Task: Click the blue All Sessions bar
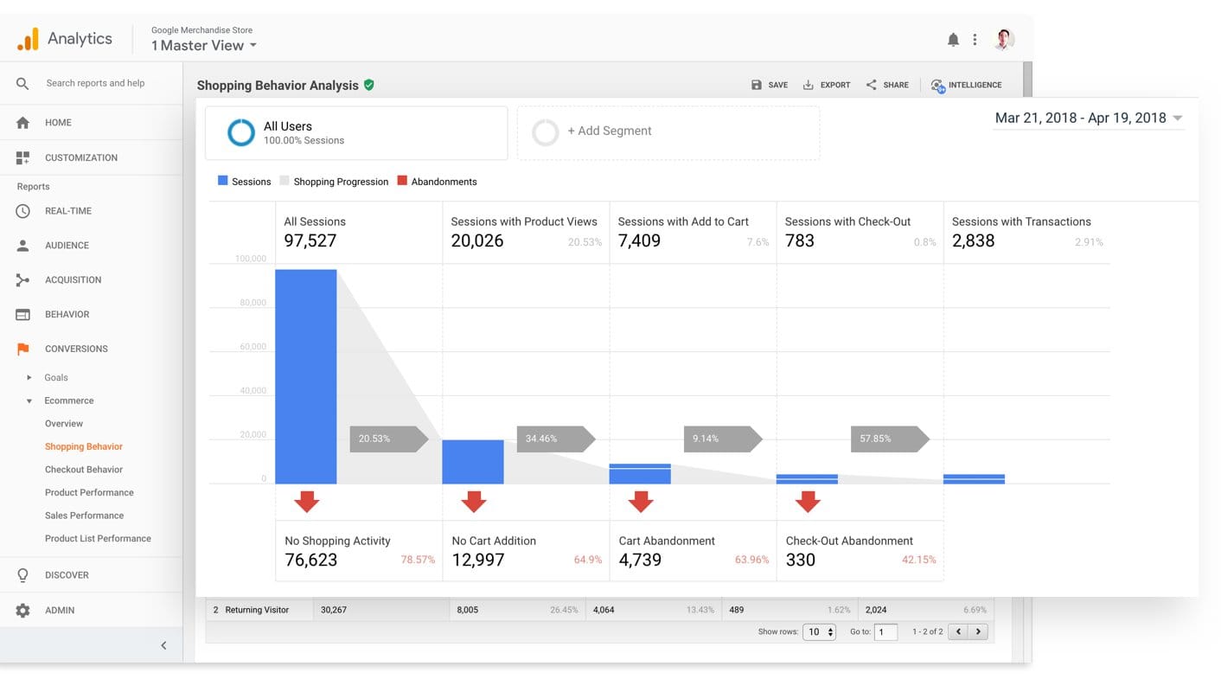pos(305,376)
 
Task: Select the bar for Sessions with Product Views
pos(472,462)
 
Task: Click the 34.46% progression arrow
pos(553,439)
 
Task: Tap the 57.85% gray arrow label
pos(887,439)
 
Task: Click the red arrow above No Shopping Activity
pos(306,501)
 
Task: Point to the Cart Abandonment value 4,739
pos(640,560)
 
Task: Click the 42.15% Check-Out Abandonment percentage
pos(918,560)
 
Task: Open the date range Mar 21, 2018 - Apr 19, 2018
pos(1088,118)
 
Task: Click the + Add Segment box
pos(668,131)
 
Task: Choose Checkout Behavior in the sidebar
pos(84,470)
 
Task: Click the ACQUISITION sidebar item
pos(73,279)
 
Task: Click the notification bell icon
pos(953,40)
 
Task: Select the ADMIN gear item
pos(59,610)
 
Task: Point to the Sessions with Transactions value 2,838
pos(973,241)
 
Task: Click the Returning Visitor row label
pos(256,610)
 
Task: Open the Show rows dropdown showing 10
pos(818,632)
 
